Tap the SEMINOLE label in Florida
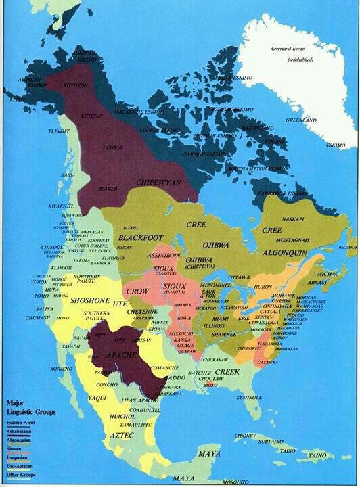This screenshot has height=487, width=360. [249, 397]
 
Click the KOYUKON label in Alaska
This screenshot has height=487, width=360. [71, 85]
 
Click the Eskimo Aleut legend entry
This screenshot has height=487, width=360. [20, 423]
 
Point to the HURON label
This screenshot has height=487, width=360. [263, 287]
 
